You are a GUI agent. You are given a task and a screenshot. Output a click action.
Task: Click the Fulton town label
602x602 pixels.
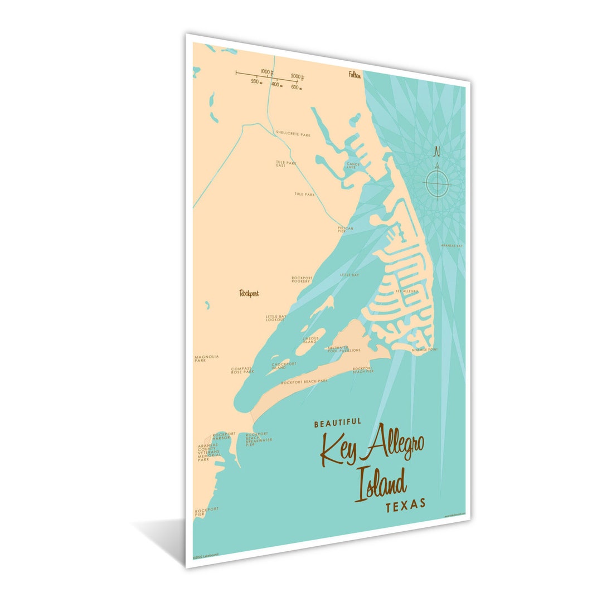355,75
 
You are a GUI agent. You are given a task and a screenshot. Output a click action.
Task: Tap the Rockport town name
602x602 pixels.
249,293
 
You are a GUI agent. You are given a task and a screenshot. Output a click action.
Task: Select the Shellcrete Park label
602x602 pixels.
293,134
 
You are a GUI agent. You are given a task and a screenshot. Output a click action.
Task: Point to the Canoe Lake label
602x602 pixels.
353,166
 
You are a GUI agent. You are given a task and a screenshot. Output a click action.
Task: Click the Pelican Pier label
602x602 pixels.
346,229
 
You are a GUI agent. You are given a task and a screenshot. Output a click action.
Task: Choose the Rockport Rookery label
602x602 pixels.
301,279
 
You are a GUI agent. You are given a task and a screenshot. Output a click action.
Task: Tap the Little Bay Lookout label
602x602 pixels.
276,318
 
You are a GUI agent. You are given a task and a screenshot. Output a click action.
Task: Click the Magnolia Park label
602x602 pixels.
207,358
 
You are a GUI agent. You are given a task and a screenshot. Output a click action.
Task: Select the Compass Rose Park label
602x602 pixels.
242,370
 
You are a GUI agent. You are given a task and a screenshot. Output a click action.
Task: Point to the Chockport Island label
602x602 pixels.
284,366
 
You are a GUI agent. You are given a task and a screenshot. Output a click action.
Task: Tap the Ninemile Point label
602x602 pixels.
425,349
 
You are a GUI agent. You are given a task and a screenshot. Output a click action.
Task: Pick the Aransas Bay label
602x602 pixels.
452,245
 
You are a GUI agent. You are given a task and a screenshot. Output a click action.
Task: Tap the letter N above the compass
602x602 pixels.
437,151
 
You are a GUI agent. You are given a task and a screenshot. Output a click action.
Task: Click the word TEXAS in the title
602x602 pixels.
405,503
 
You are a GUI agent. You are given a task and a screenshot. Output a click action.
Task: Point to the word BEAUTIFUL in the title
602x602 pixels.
338,423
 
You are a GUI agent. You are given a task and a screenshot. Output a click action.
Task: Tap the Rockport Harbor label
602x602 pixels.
225,435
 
